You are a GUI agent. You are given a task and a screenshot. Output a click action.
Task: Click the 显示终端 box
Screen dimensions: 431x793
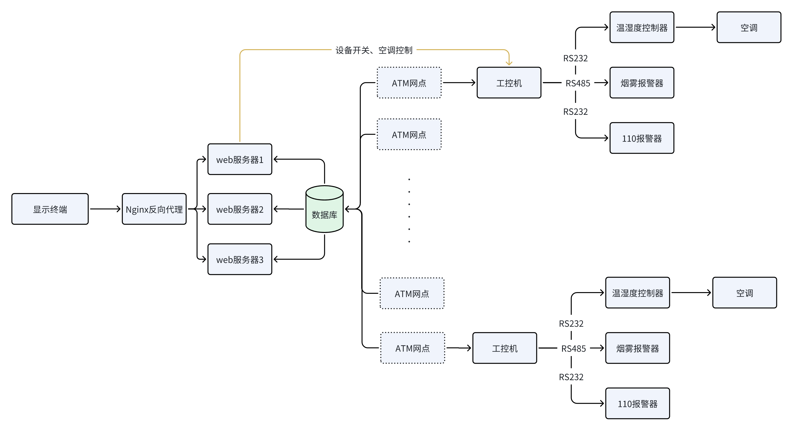pyautogui.click(x=50, y=209)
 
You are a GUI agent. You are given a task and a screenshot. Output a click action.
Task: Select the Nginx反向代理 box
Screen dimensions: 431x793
pyautogui.click(x=154, y=209)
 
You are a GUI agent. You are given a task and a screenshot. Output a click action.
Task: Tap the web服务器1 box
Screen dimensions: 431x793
pyautogui.click(x=240, y=159)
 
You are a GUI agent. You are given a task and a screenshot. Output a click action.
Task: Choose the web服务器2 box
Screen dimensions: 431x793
pyautogui.click(x=240, y=209)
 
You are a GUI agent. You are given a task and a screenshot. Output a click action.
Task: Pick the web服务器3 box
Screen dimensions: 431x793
pyautogui.click(x=240, y=259)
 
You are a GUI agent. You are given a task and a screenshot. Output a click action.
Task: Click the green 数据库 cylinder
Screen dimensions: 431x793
pyautogui.click(x=324, y=209)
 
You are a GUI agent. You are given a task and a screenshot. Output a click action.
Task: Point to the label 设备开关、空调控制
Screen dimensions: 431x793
pyautogui.click(x=374, y=50)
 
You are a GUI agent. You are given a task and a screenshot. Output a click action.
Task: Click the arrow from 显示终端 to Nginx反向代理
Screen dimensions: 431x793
pyautogui.click(x=105, y=209)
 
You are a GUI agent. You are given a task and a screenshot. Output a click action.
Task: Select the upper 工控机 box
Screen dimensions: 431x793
pyautogui.click(x=509, y=83)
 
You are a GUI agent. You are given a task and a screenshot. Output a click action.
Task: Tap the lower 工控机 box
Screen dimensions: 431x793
pyautogui.click(x=505, y=348)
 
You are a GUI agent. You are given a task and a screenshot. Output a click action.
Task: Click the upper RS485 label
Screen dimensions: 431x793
pyautogui.click(x=578, y=83)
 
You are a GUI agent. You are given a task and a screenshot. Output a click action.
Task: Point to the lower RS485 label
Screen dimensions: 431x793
pyautogui.click(x=574, y=348)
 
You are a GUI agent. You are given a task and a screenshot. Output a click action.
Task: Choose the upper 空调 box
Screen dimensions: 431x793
pyautogui.click(x=749, y=27)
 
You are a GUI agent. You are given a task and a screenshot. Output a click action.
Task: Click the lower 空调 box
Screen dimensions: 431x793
pyautogui.click(x=744, y=293)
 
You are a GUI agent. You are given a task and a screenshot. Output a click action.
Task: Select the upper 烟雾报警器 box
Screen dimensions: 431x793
pyautogui.click(x=642, y=83)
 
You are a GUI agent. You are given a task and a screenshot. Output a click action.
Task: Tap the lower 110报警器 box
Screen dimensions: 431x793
pyautogui.click(x=637, y=404)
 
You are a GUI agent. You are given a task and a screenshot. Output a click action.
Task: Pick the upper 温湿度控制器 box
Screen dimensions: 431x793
pyautogui.click(x=642, y=27)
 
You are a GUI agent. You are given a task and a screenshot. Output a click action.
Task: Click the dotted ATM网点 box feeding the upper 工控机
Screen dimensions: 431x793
pyautogui.click(x=409, y=83)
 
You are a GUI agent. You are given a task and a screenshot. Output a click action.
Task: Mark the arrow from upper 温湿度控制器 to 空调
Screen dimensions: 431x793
pyautogui.click(x=695, y=27)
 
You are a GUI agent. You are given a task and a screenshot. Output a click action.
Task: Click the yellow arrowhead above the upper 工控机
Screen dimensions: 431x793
pyautogui.click(x=509, y=63)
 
